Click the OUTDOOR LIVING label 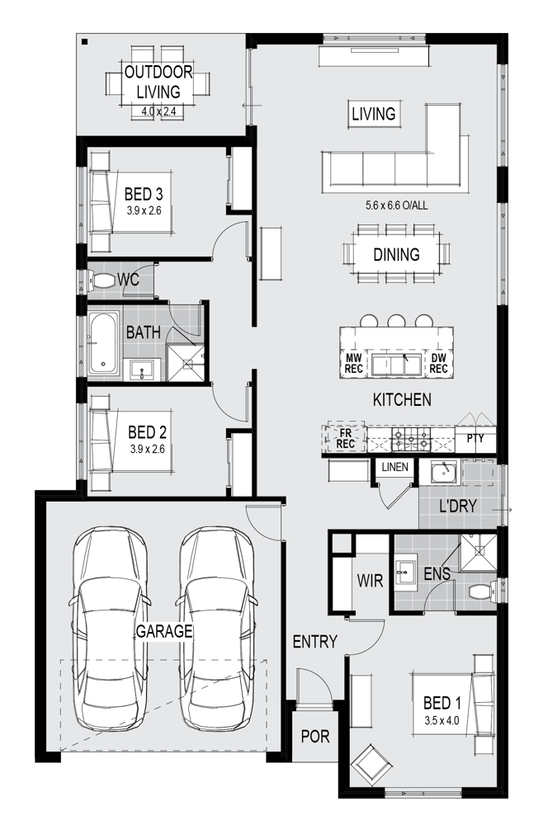tap(158, 82)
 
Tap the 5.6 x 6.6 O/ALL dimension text tap(396, 205)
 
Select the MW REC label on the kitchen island tap(354, 363)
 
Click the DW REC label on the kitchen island tap(439, 363)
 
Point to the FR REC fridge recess tap(346, 438)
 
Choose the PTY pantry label tap(475, 438)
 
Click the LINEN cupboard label tap(394, 467)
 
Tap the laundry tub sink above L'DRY tap(443, 472)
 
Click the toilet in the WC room tap(102, 280)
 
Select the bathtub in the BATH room tap(103, 342)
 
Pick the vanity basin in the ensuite tap(405, 572)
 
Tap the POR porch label tap(315, 736)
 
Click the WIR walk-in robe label tap(370, 580)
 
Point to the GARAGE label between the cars tap(163, 631)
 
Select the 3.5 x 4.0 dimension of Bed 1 tap(441, 721)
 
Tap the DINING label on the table tap(396, 254)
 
